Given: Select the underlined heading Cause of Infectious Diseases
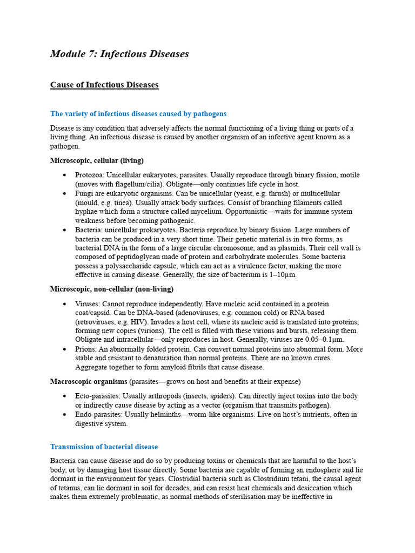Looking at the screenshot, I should point(104,85).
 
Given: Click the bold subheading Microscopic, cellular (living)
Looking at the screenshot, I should point(97,160).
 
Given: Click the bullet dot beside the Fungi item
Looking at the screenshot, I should point(65,193).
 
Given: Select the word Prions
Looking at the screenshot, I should point(86,349).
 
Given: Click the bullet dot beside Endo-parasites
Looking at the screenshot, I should point(65,415).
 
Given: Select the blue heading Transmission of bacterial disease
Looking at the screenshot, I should point(104,447).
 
